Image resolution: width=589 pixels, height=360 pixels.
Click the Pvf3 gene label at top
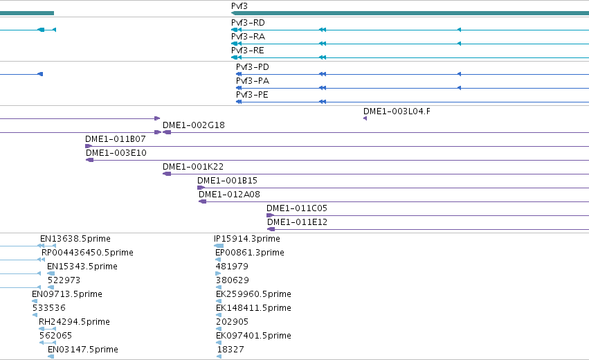tap(239, 6)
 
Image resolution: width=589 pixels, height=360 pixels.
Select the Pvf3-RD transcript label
tap(248, 23)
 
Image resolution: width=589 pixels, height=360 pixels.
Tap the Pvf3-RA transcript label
tap(248, 37)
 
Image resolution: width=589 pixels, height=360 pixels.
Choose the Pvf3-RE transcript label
tap(248, 51)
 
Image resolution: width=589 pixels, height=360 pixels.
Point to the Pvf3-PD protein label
tap(253, 67)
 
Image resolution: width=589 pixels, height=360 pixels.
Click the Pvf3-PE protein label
tap(252, 95)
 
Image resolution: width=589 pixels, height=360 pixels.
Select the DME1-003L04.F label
tap(397, 111)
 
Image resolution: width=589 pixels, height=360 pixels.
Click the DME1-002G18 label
tap(194, 125)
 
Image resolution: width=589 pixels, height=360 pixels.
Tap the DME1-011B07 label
tap(116, 139)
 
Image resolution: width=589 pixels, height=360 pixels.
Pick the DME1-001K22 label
tap(193, 166)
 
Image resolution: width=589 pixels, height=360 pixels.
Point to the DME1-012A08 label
tap(229, 195)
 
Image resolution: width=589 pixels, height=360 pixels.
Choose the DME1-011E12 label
tap(297, 222)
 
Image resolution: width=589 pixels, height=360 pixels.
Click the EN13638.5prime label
tap(75, 239)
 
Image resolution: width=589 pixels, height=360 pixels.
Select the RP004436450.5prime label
tap(87, 253)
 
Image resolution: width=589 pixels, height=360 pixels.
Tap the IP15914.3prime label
tap(247, 239)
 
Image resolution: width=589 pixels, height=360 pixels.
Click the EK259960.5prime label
tap(253, 294)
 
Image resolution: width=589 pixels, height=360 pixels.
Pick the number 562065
tap(55, 336)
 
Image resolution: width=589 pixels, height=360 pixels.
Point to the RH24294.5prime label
tap(74, 322)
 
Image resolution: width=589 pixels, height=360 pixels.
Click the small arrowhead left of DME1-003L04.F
tap(365, 118)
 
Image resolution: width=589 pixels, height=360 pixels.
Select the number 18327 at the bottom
tap(230, 350)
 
